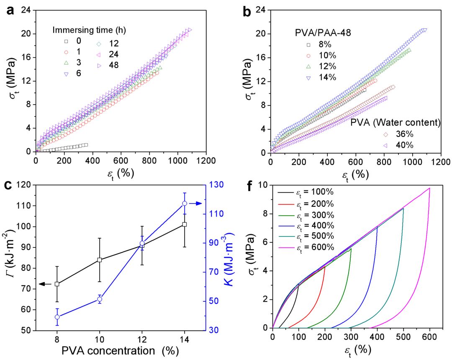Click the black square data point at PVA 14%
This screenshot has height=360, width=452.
[184, 224]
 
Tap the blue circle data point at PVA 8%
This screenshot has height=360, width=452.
[57, 317]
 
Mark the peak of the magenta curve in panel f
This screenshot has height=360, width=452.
[429, 188]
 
